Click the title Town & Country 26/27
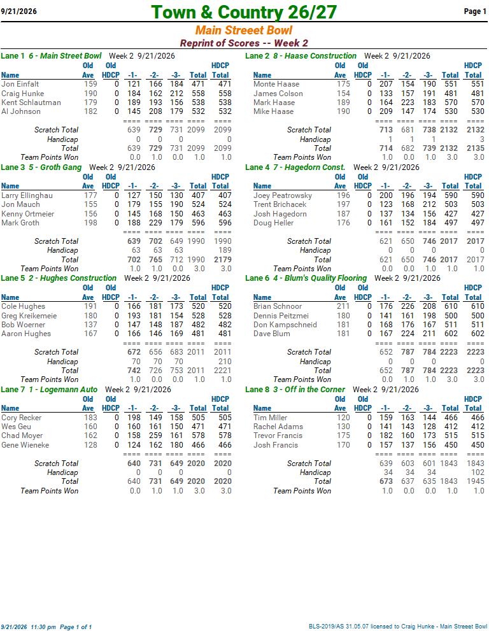pos(244,12)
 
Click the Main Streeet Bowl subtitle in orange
pos(244,30)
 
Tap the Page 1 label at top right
pos(476,11)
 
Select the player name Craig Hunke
pos(22,94)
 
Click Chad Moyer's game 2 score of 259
pos(155,436)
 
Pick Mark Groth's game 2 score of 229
pos(155,223)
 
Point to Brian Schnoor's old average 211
pos(343,306)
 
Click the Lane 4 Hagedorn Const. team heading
pos(295,167)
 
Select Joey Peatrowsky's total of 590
pos(451,195)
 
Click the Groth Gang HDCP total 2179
pos(223,260)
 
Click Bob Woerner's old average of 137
pos(90,325)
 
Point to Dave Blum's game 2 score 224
pos(407,334)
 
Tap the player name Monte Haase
pos(276,84)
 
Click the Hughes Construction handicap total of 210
pos(225,362)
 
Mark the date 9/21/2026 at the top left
pos(19,11)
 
